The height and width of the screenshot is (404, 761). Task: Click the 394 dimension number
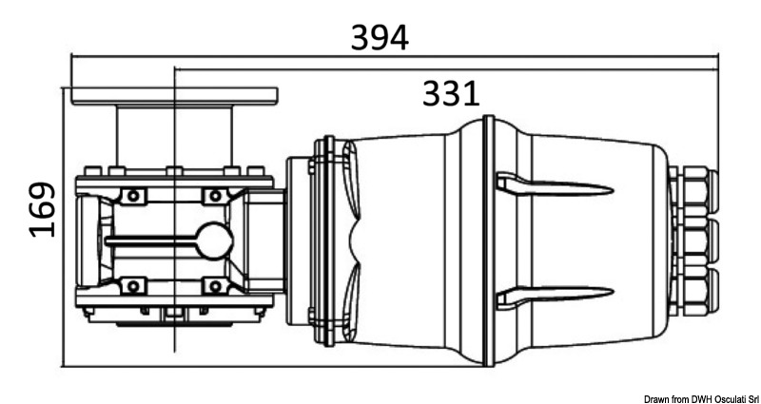380,38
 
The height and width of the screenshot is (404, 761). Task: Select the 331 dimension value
451,93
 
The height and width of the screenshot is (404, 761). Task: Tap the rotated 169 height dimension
43,209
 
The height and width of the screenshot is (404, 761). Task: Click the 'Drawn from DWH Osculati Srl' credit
701,398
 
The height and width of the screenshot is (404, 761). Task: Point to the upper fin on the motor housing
555,185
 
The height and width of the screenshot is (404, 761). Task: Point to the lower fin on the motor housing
555,295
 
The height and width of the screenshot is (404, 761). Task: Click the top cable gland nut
693,189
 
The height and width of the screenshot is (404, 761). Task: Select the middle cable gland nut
693,240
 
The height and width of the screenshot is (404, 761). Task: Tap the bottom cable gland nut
693,290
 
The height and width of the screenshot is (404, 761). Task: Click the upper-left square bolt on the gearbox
133,196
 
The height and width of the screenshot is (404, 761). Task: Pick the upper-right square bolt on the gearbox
215,196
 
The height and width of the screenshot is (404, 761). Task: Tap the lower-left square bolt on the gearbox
133,286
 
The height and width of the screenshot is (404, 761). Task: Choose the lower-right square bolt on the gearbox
215,286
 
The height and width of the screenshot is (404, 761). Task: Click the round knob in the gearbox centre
215,241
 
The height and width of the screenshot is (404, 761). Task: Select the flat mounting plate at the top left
175,96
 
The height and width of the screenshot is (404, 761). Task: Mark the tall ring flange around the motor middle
489,240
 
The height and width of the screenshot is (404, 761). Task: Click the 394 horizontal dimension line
395,56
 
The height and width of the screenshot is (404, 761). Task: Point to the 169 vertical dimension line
64,227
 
